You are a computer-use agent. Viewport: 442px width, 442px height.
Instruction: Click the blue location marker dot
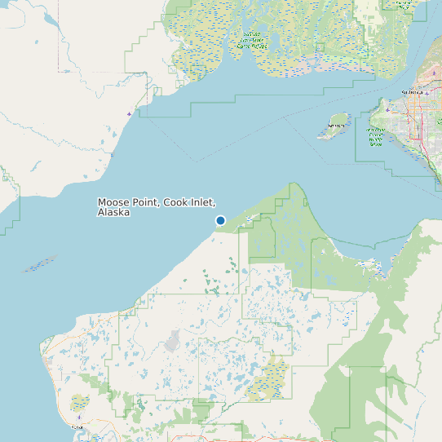(220, 220)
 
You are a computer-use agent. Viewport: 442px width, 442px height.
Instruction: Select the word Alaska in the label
(113, 212)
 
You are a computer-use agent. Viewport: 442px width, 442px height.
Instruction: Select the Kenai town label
(77, 427)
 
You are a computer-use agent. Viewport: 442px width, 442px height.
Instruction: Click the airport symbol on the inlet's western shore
(130, 113)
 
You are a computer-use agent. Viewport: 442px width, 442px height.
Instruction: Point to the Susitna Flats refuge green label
(252, 40)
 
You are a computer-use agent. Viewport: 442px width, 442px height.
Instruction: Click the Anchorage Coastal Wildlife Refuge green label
(376, 137)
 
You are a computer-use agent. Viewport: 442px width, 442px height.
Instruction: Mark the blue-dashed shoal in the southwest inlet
(39, 265)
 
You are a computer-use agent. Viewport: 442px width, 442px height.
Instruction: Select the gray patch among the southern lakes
(174, 340)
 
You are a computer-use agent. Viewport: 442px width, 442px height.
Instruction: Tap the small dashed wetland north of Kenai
(79, 403)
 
